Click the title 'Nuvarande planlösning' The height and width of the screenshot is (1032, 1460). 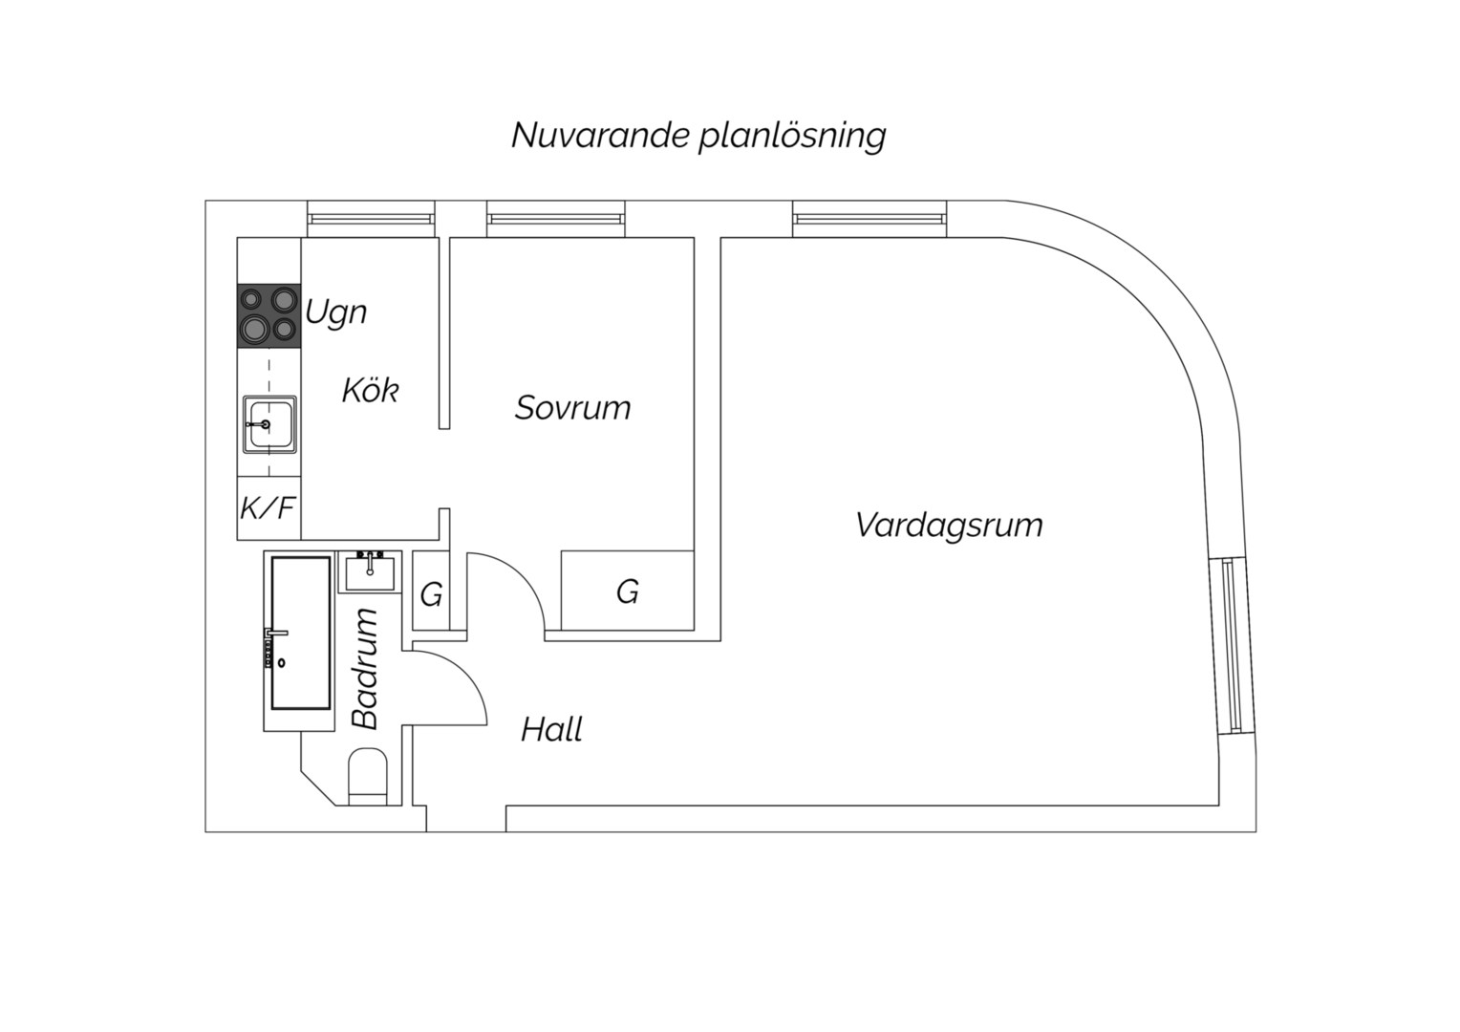698,137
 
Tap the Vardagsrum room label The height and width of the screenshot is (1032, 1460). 949,526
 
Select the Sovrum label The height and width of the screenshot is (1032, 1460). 573,408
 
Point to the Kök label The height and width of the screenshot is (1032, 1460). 370,391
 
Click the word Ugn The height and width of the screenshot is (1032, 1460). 335,313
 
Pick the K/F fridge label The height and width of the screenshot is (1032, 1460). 268,507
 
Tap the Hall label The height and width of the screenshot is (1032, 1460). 551,729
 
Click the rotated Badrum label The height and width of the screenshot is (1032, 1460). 365,668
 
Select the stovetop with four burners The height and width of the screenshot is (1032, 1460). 269,316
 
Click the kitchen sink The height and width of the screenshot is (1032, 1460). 269,424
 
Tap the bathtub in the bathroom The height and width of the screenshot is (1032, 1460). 300,633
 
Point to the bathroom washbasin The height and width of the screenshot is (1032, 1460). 370,571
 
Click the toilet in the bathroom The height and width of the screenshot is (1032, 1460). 368,777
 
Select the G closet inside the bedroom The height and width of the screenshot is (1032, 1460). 627,591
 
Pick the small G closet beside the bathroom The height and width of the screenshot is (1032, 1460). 432,591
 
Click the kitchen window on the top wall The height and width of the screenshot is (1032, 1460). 371,219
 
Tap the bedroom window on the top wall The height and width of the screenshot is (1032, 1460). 556,219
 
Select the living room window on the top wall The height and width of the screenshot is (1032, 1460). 870,219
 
